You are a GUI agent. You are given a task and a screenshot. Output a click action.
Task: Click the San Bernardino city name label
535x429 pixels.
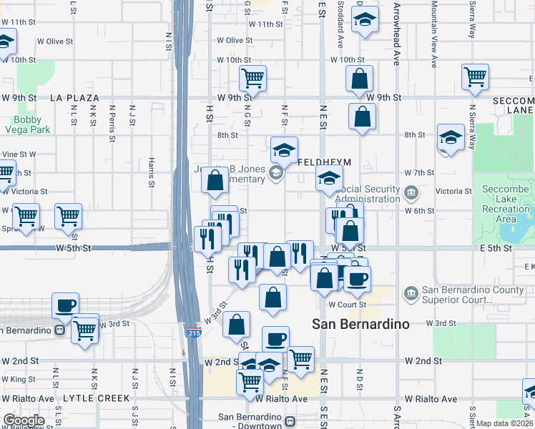coord(361,324)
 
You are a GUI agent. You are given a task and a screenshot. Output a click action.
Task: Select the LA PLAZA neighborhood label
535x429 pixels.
coord(74,97)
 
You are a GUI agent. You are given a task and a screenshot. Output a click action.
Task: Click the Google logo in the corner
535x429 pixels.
coord(23,420)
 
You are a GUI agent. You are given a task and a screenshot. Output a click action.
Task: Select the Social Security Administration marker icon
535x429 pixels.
coord(411,192)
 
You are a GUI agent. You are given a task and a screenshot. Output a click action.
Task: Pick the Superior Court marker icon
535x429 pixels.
coord(411,293)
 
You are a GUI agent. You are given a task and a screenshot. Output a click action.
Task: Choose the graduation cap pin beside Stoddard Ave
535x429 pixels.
coord(365,21)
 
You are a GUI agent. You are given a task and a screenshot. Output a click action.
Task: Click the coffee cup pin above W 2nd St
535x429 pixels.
coord(275,339)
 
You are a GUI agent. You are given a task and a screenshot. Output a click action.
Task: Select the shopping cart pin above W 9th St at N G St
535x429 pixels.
coord(252,77)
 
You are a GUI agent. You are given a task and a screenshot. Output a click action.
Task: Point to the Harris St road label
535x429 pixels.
coord(152,173)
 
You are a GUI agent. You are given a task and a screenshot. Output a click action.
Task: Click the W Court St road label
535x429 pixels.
coord(347,305)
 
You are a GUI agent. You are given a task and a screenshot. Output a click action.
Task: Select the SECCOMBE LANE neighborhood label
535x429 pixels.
coord(514,106)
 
